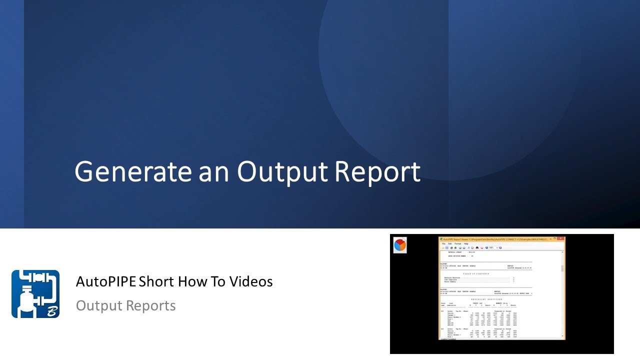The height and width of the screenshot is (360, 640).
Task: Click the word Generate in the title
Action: (x=132, y=172)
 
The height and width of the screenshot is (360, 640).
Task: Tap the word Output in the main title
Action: (x=282, y=172)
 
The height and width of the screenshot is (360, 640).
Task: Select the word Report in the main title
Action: (x=377, y=172)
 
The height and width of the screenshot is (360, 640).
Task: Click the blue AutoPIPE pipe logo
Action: (x=35, y=294)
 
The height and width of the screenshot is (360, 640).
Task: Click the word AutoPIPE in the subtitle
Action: (x=106, y=282)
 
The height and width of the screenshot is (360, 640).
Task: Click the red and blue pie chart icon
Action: (x=400, y=245)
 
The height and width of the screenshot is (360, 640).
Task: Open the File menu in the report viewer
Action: (x=443, y=243)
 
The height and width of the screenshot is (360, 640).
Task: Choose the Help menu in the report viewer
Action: (x=466, y=243)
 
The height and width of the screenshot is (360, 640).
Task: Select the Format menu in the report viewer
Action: (x=457, y=243)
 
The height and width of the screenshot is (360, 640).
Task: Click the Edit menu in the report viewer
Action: (x=449, y=243)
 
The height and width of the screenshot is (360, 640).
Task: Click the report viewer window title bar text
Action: (x=495, y=239)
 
